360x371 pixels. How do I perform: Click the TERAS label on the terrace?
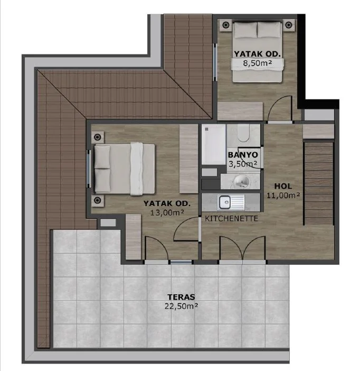181,297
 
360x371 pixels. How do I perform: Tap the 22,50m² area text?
181,306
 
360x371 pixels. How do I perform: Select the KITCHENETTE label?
231,218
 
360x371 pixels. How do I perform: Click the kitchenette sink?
231,202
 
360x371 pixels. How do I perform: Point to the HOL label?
283,186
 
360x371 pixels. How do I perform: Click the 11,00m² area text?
283,195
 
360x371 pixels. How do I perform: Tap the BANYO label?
243,155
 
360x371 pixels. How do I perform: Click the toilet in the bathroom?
243,133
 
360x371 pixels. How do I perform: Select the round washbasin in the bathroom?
242,182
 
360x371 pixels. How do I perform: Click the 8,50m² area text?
258,63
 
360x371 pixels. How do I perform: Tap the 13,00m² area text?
167,212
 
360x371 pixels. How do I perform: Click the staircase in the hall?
318,183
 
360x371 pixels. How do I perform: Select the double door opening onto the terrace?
242,248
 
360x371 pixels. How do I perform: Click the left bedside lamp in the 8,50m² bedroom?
226,25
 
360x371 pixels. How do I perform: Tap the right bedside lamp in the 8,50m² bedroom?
288,25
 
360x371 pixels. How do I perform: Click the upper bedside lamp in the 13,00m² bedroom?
97,137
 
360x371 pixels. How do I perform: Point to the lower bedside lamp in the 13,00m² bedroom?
97,200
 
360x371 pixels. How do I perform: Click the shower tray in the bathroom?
213,144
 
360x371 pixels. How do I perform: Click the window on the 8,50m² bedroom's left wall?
215,62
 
